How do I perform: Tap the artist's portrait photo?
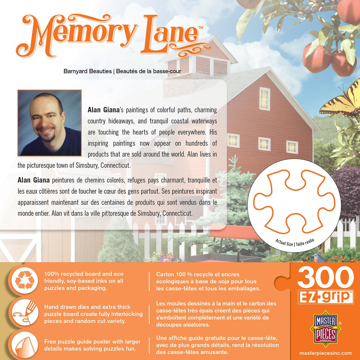click(49, 123)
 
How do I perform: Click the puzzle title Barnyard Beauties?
click(87, 71)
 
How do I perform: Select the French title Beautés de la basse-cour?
click(148, 71)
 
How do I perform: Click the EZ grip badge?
click(325, 297)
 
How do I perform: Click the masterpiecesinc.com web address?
click(325, 353)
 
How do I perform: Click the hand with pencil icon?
click(25, 312)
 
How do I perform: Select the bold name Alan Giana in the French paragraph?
click(34, 180)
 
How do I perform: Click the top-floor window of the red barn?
click(264, 99)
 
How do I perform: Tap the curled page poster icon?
click(25, 345)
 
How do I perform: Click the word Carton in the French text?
click(164, 274)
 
